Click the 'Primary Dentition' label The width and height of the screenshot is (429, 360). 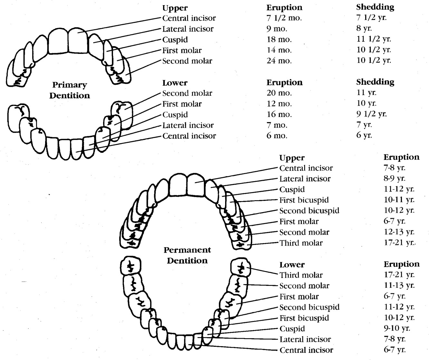pos(70,90)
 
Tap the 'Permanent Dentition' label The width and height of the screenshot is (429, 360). pos(187,255)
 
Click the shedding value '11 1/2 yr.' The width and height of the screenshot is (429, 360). pos(374,39)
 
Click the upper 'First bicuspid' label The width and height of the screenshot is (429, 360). pos(304,200)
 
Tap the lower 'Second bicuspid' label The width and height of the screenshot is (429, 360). pos(309,307)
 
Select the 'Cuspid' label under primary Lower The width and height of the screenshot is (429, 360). pos(175,114)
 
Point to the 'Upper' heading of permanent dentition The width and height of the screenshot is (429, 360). pos(292,158)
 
